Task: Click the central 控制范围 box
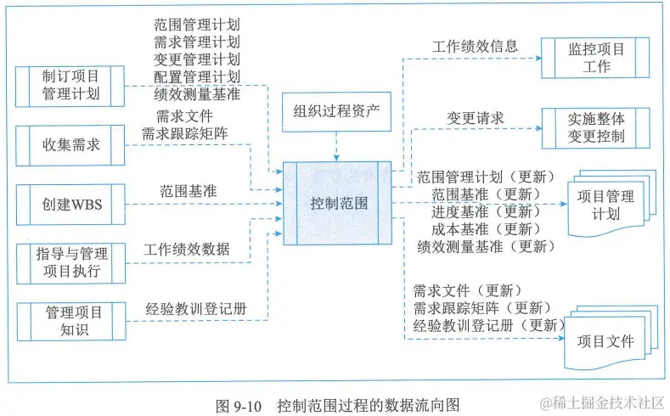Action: click(338, 203)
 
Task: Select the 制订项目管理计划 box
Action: click(70, 85)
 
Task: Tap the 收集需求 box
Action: click(70, 144)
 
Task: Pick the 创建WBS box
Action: click(70, 204)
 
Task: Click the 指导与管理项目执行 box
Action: click(70, 262)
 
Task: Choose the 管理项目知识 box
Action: click(70, 321)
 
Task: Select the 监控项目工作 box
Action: click(595, 58)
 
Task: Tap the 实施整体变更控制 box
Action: click(595, 126)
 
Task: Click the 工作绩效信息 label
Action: click(475, 46)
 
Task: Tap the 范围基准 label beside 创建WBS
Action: click(188, 191)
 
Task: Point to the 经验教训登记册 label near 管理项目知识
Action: click(196, 308)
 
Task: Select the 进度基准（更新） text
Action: click(481, 211)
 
